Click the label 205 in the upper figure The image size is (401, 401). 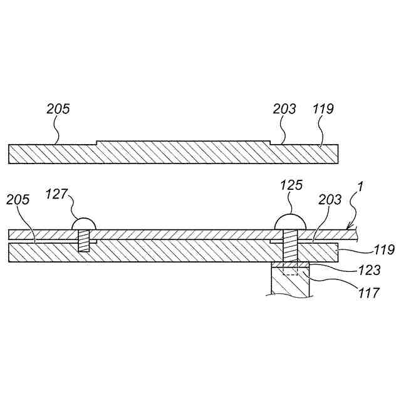click(x=58, y=109)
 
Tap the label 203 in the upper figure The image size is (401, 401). click(x=284, y=109)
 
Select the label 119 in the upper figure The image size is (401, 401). click(x=323, y=109)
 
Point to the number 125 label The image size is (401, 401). click(x=291, y=185)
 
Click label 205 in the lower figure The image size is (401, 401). click(x=18, y=200)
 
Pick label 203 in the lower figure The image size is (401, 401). click(x=330, y=200)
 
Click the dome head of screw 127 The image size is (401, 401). click(x=84, y=224)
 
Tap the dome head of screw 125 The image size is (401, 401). click(x=291, y=221)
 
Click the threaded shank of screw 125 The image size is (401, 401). click(x=291, y=247)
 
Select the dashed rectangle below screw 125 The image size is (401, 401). click(x=291, y=271)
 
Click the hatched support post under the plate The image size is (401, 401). click(x=290, y=283)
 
